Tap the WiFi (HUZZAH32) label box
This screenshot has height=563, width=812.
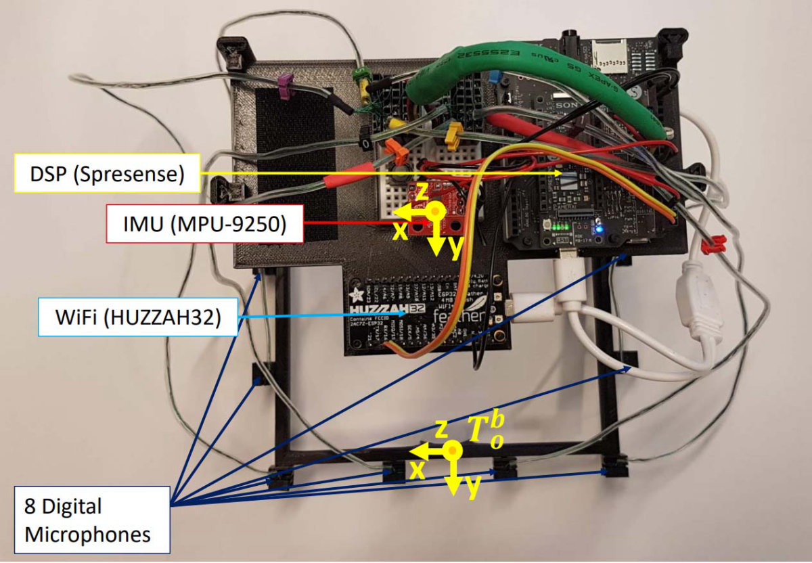coord(138,317)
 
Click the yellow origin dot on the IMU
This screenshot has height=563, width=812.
coord(436,211)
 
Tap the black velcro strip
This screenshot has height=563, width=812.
coord(295,162)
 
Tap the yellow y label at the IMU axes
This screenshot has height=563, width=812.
coord(455,248)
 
